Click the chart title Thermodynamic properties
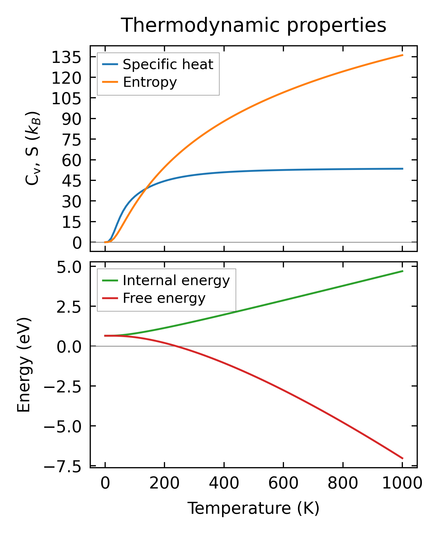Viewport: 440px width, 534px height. (x=253, y=26)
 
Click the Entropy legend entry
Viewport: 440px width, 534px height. (x=150, y=82)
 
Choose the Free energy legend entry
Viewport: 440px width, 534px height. (x=164, y=298)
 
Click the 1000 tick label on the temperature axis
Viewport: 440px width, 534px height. (x=402, y=484)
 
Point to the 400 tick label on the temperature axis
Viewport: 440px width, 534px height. (x=224, y=484)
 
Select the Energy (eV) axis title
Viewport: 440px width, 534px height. (x=24, y=365)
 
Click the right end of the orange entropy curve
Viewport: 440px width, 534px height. (x=403, y=55)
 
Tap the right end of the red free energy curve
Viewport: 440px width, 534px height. (x=403, y=458)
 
